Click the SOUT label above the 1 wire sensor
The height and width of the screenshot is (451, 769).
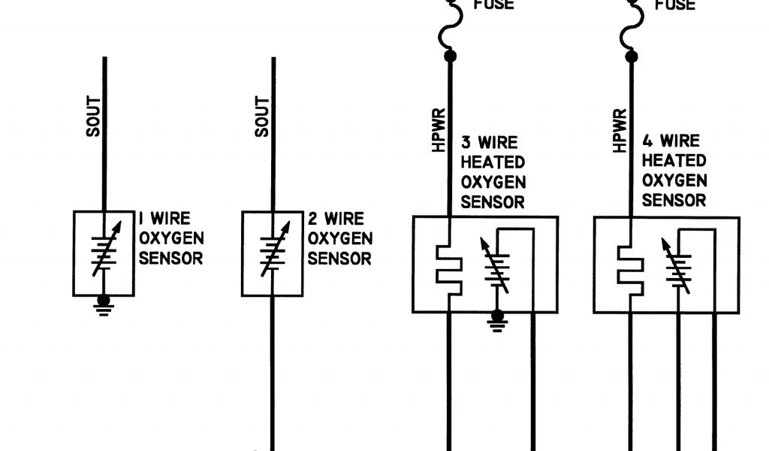click(93, 118)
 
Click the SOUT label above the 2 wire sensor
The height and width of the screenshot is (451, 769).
click(262, 118)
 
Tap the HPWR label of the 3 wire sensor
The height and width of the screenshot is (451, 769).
click(439, 131)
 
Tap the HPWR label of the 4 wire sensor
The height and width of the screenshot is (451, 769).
click(620, 131)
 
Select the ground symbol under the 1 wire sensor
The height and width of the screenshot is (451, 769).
click(104, 304)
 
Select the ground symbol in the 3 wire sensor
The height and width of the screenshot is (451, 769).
click(496, 321)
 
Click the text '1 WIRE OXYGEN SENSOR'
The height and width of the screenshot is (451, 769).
click(170, 239)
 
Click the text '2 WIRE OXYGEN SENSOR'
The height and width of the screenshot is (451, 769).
click(340, 239)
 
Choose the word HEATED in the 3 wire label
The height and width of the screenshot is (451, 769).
click(493, 162)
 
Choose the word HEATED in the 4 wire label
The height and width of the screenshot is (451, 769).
click(674, 161)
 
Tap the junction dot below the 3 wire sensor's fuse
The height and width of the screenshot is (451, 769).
click(451, 56)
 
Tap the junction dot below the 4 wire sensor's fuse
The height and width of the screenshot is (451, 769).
click(632, 56)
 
